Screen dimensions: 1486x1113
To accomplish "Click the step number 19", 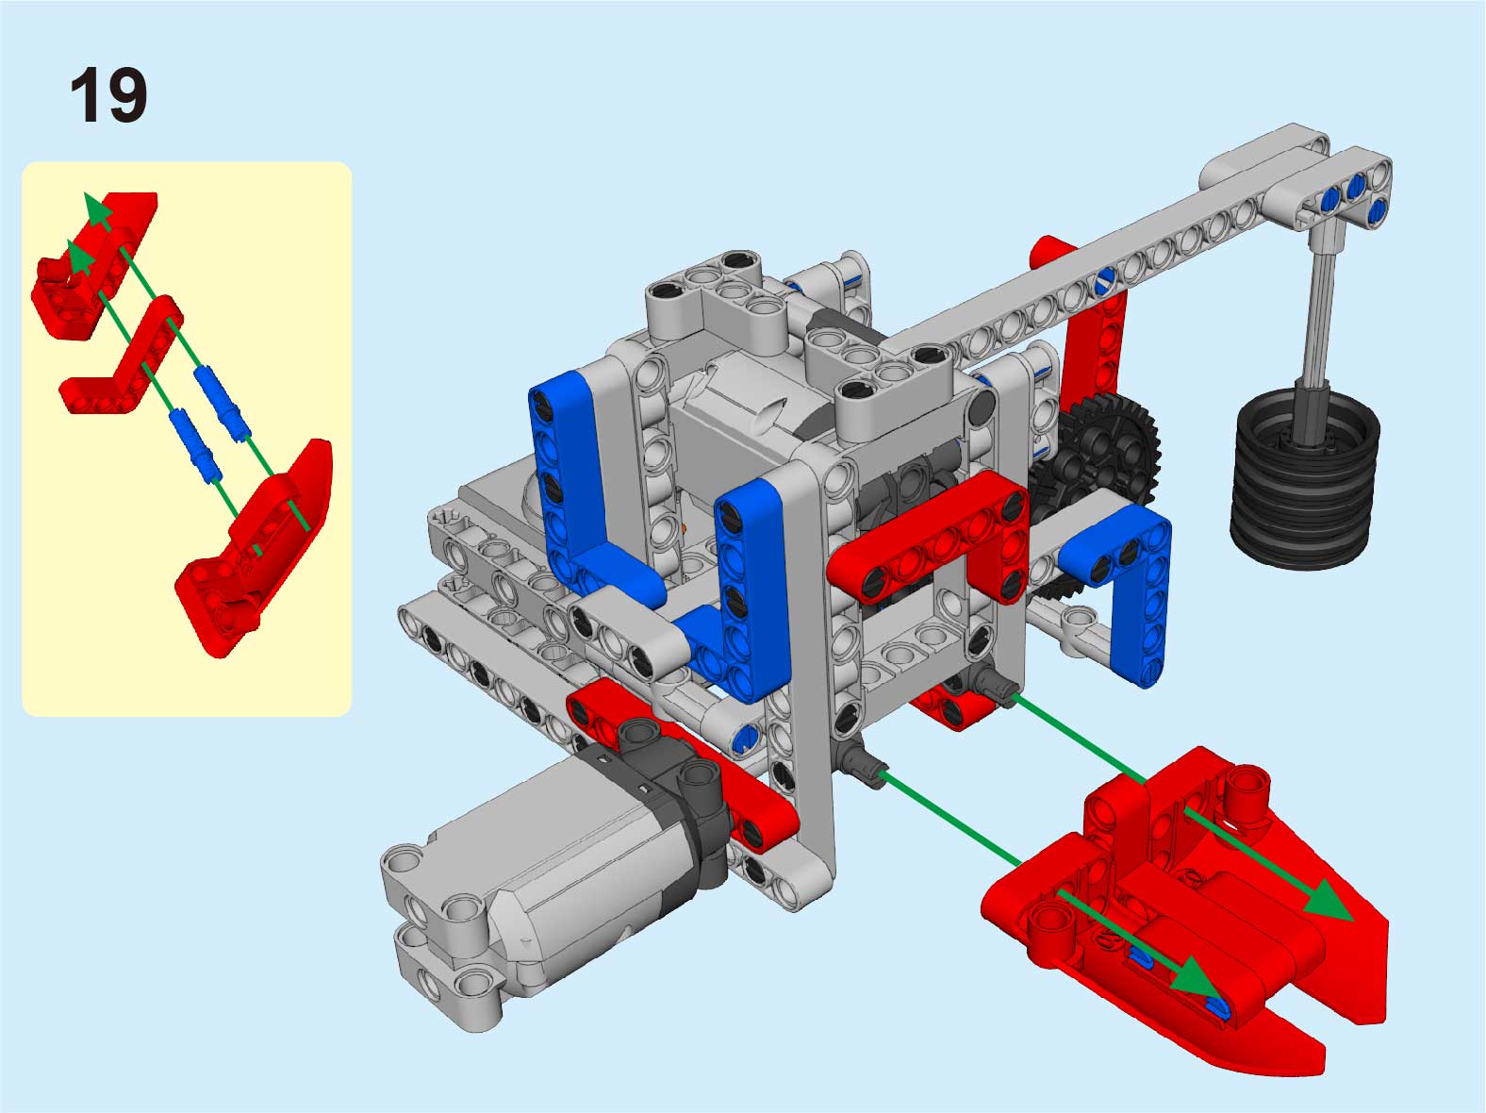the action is pos(108,95).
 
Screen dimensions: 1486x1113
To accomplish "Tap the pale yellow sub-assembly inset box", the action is pos(187,439).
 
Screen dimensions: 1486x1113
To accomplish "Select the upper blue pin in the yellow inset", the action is pos(223,404).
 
